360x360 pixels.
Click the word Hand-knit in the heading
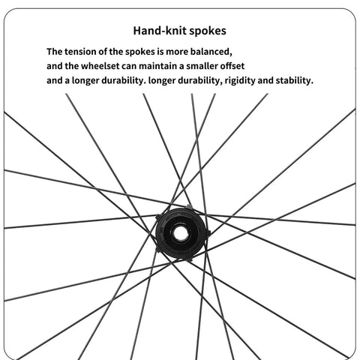160,31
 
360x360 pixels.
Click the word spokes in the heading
208,31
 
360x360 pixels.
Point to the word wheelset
100,66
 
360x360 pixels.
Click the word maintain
158,66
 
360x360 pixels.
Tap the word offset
232,66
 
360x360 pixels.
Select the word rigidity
240,81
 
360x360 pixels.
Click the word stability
295,80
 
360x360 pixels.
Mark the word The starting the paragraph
54,52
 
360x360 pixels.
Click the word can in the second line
129,66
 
